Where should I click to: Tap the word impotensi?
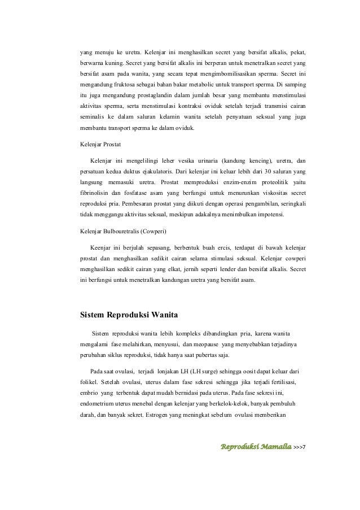point(270,215)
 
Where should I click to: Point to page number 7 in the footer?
point(304,448)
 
